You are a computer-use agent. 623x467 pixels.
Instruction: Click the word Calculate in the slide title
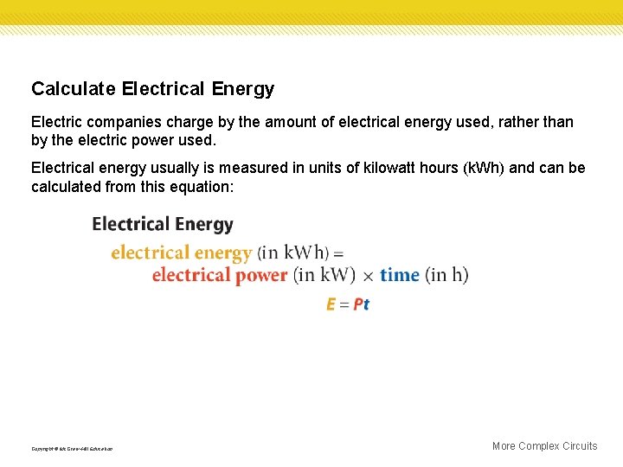pyautogui.click(x=74, y=89)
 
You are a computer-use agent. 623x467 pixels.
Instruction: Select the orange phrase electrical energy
pyautogui.click(x=181, y=253)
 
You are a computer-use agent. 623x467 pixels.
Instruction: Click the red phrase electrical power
pyautogui.click(x=220, y=275)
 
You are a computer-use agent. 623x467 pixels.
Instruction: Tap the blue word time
pyautogui.click(x=400, y=275)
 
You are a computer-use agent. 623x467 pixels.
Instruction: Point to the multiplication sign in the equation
pyautogui.click(x=368, y=276)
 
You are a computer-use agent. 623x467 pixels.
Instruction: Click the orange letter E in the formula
pyautogui.click(x=331, y=304)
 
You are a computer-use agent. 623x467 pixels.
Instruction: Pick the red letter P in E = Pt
pyautogui.click(x=358, y=304)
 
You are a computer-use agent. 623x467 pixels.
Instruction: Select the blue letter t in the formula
pyautogui.click(x=367, y=304)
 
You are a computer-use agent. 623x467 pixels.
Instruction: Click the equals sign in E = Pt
pyautogui.click(x=344, y=304)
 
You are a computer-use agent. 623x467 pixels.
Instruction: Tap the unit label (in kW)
pyautogui.click(x=325, y=275)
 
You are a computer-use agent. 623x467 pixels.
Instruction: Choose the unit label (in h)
pyautogui.click(x=447, y=275)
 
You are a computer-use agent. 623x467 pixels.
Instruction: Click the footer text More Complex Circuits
pyautogui.click(x=544, y=446)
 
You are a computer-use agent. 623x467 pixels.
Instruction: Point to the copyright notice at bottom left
pyautogui.click(x=72, y=449)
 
